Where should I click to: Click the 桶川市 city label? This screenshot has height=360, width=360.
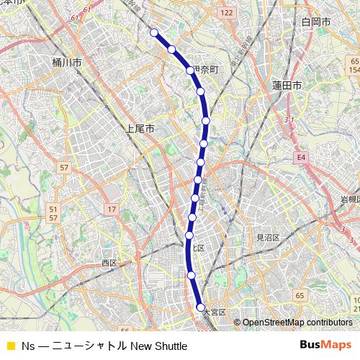tap(67, 63)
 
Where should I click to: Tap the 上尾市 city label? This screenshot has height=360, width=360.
tap(140, 130)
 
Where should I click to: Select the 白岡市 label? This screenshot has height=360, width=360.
tap(316, 23)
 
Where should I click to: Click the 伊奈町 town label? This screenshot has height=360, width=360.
tap(204, 71)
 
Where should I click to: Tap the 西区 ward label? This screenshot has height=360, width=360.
tap(109, 263)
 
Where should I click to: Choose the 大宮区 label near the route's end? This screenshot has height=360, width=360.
tap(215, 312)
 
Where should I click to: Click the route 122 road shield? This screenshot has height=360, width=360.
tap(228, 13)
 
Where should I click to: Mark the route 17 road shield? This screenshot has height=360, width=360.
tap(112, 209)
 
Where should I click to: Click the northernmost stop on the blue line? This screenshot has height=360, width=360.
tap(154, 32)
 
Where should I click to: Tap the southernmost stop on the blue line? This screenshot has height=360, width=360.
tap(200, 307)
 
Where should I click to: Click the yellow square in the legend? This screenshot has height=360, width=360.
tap(10, 346)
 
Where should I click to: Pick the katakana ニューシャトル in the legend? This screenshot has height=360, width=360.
tap(90, 346)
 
